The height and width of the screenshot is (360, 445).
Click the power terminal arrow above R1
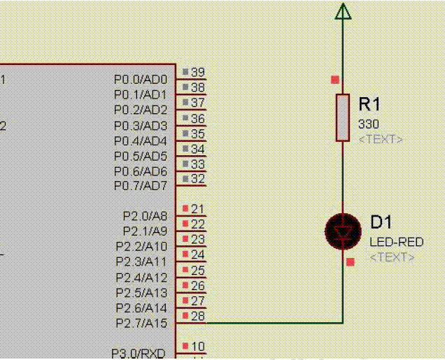pyautogui.click(x=342, y=12)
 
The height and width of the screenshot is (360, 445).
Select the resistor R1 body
pyautogui.click(x=342, y=117)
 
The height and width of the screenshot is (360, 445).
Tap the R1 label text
pyautogui.click(x=369, y=105)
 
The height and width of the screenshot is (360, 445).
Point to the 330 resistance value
pyautogui.click(x=369, y=124)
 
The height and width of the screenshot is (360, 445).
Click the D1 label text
pyautogui.click(x=381, y=223)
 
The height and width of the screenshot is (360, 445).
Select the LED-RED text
pyautogui.click(x=396, y=242)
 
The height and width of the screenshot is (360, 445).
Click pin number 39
pyautogui.click(x=198, y=72)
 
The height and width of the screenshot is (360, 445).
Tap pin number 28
pyautogui.click(x=198, y=316)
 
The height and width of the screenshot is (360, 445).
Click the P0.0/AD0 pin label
pyautogui.click(x=141, y=79)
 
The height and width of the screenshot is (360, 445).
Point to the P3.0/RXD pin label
pyautogui.click(x=139, y=353)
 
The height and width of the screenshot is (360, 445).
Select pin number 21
pyautogui.click(x=198, y=209)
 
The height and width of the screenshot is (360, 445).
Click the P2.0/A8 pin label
pyautogui.click(x=145, y=216)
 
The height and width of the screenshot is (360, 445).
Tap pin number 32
pyautogui.click(x=198, y=179)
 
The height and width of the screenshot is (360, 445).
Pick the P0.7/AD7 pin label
pyautogui.click(x=141, y=186)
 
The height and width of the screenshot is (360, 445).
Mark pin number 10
pyautogui.click(x=198, y=346)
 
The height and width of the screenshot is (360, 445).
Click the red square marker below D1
pyautogui.click(x=350, y=261)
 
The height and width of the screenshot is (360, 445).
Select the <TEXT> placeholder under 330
pyautogui.click(x=381, y=139)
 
